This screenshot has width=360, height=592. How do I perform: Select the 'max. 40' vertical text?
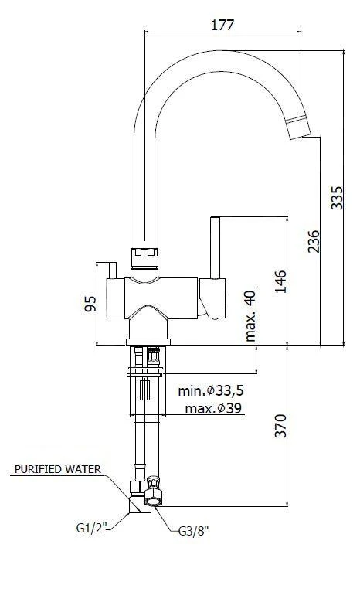point(250,316)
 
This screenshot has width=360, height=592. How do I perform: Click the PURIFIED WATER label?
point(68,469)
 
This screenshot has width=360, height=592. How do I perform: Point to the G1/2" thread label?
point(91,528)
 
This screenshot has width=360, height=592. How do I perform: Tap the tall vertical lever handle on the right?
point(216,247)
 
